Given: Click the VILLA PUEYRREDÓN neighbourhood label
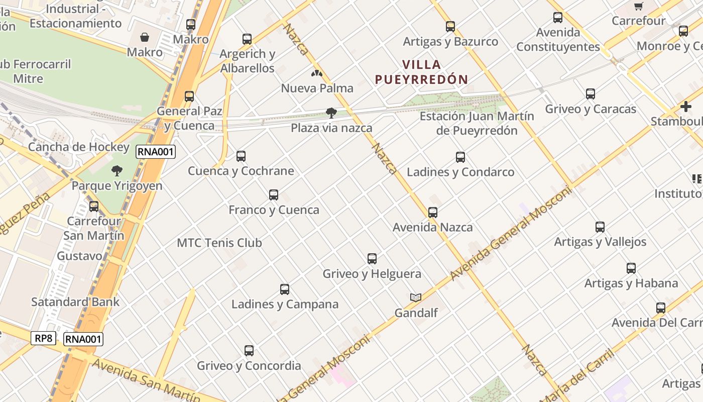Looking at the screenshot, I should pos(421,72).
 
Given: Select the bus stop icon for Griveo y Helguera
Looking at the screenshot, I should pos(372,259).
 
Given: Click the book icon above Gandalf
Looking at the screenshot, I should pos(415,297).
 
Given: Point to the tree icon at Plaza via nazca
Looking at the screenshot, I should pos(331,113).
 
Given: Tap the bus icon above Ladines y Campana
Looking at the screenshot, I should pos(285,289).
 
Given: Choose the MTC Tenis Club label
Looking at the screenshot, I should pos(219,243).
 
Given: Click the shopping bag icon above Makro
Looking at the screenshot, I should pos(145,37).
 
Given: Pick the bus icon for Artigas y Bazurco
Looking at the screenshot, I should pos(450,27).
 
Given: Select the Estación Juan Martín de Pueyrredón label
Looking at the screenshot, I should pos(477,123).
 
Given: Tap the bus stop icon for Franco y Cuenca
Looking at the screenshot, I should pos(274,195).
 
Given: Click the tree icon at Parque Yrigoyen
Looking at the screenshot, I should pos(117,171).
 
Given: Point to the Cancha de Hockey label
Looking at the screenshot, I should pos(79,147).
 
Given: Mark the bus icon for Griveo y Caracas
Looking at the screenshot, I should pos(591,94).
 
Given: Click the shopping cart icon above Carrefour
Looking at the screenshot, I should pos(638,7).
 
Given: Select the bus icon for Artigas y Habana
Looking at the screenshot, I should pos(631,268).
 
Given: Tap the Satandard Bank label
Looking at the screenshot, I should pos(75,302).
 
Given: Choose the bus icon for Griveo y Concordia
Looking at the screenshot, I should pos(249,351).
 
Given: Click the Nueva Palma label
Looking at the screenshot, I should pos(317,88).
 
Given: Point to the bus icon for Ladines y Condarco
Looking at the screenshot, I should pos(460,157).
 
